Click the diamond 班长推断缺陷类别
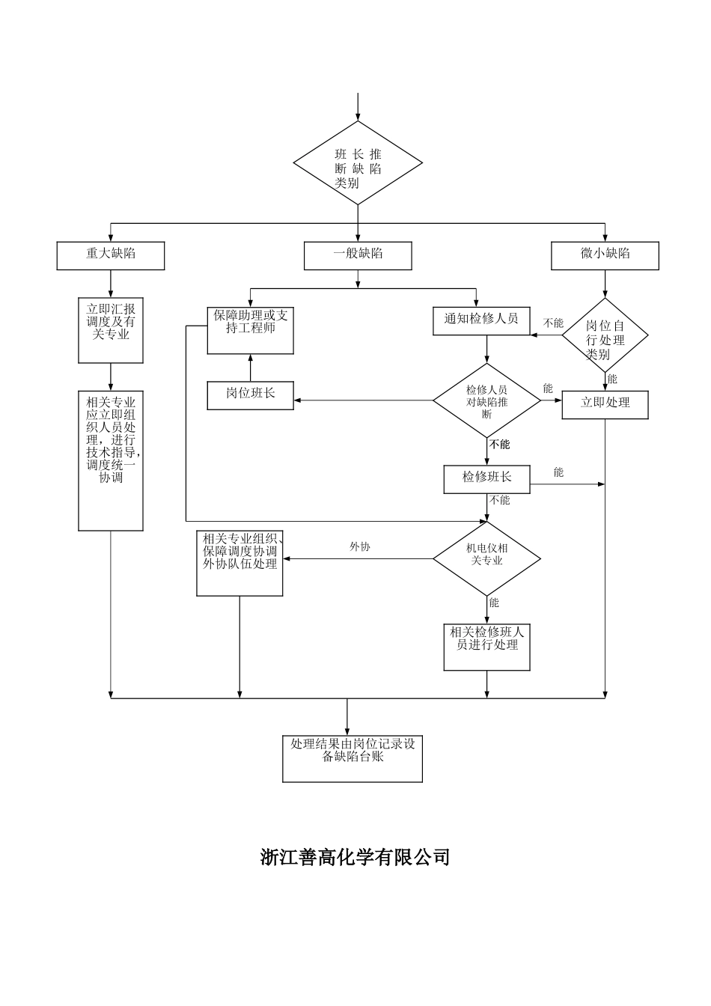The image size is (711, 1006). point(358,163)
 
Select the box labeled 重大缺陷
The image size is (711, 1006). point(111,255)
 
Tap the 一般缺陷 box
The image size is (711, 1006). point(358,255)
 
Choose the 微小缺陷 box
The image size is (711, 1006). point(605,255)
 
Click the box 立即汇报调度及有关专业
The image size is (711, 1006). point(111,330)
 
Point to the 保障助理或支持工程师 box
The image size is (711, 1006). point(250,329)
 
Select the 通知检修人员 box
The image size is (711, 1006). point(481,320)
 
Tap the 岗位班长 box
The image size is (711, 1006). point(250,394)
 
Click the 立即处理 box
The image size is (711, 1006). point(605,404)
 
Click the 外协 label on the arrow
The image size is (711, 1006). point(360,547)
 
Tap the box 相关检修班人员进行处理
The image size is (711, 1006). point(487,647)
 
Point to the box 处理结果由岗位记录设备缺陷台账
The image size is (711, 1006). point(353,758)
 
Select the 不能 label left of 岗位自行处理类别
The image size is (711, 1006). point(553,323)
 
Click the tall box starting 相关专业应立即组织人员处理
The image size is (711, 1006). point(111,460)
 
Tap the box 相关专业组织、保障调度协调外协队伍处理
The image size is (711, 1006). point(239,563)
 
